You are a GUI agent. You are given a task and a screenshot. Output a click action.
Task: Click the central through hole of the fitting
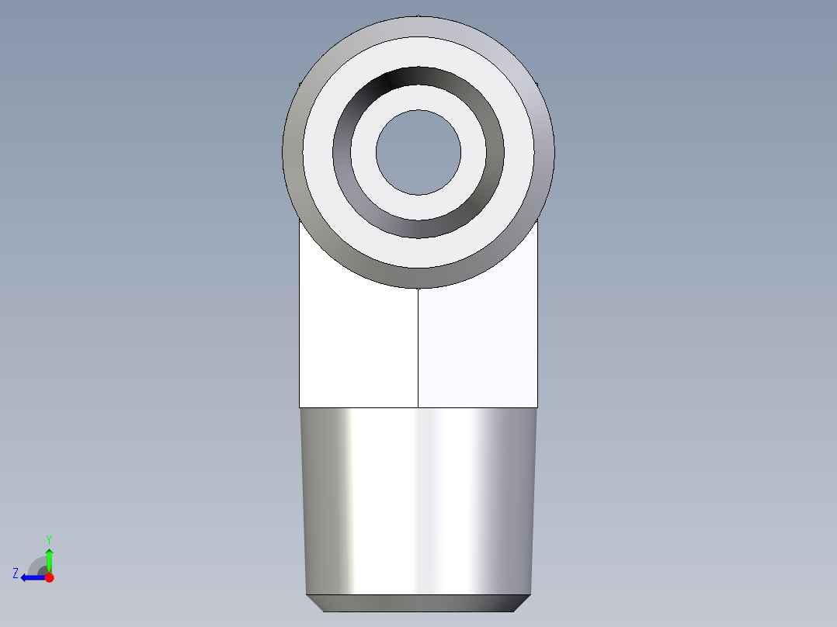(x=418, y=153)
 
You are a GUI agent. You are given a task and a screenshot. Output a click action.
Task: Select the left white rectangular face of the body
(x=358, y=347)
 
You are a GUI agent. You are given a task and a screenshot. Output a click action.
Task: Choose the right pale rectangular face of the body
(x=478, y=347)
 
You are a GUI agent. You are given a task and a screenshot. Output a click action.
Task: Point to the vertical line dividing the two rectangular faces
(x=418, y=348)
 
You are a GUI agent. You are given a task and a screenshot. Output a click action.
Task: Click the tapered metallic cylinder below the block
(x=418, y=501)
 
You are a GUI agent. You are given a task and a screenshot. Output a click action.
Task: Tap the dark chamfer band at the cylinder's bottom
(x=418, y=604)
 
